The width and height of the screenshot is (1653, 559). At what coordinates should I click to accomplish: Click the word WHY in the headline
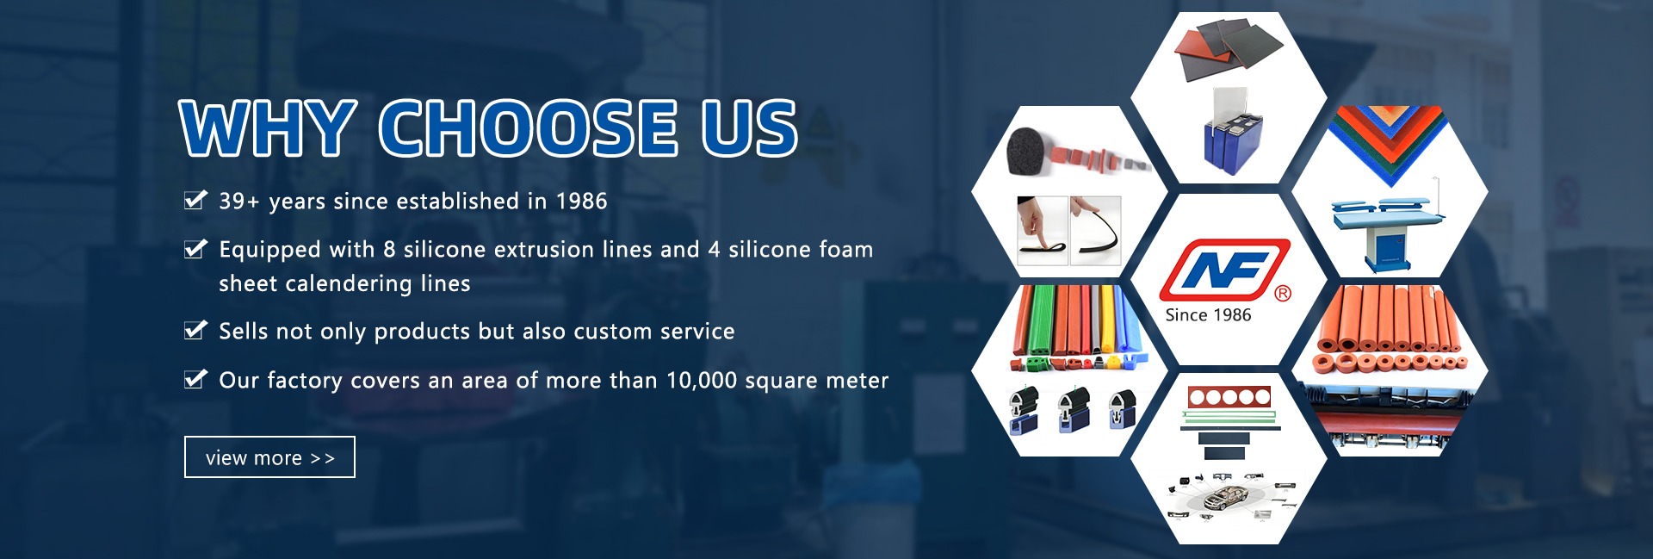[x=268, y=128]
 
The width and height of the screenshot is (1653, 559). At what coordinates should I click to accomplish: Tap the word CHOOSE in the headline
[x=529, y=128]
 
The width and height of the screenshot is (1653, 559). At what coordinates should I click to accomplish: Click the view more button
[x=269, y=457]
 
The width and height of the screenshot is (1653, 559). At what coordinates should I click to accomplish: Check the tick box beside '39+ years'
[x=195, y=201]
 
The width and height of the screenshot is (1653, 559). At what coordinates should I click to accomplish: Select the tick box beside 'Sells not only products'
[x=195, y=331]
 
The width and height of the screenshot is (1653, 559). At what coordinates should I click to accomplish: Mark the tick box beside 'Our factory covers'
[x=195, y=379]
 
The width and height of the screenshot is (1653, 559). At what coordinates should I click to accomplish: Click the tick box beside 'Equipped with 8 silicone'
[x=195, y=249]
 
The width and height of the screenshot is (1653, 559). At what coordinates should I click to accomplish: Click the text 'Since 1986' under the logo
[x=1208, y=315]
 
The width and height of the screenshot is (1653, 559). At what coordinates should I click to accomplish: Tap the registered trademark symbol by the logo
[x=1283, y=294]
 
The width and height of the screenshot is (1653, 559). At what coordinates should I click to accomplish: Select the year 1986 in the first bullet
[x=581, y=201]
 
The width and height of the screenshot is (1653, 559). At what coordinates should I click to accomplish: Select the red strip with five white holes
[x=1229, y=397]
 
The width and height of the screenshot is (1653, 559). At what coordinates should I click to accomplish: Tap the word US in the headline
[x=749, y=128]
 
